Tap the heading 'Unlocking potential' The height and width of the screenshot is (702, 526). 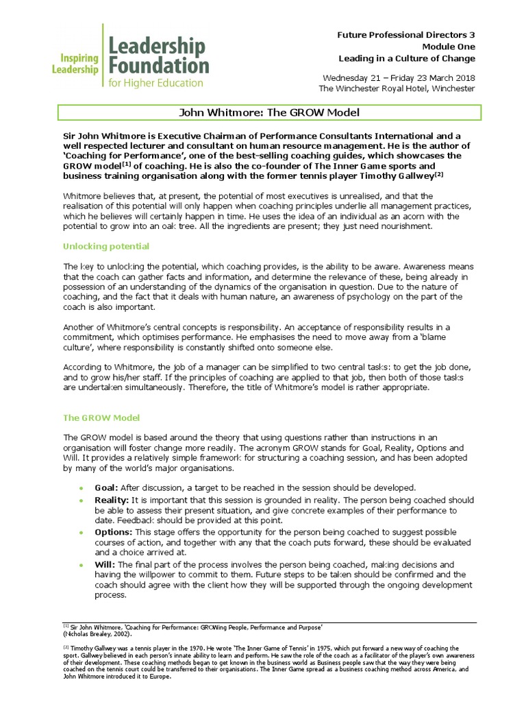tap(106, 246)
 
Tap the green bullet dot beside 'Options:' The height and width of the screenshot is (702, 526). tap(82, 533)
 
